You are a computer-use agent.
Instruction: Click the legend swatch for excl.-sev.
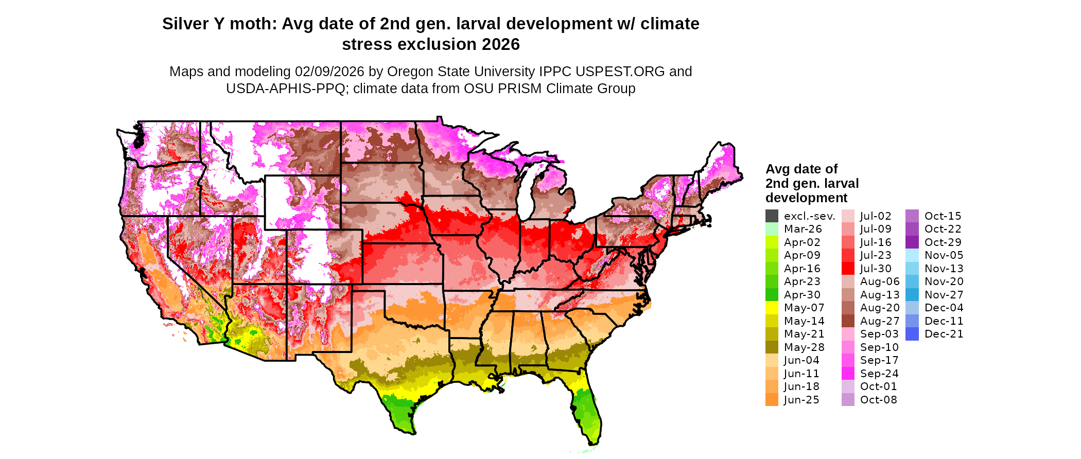[772, 216]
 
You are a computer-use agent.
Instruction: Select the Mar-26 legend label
[803, 229]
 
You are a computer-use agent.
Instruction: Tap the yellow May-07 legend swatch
[772, 308]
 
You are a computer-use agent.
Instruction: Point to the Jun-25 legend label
[801, 400]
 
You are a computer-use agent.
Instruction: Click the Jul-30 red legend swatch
[848, 269]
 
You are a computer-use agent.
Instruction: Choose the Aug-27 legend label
[880, 321]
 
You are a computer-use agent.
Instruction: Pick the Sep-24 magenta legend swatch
[848, 374]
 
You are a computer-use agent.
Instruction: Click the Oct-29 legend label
[943, 242]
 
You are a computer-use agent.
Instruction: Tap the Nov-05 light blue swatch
[912, 255]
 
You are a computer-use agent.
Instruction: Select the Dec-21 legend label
[944, 334]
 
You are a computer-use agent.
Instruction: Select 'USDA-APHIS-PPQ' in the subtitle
[286, 89]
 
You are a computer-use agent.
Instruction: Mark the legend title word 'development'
[806, 198]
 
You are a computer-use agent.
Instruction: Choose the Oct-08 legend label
[878, 400]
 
